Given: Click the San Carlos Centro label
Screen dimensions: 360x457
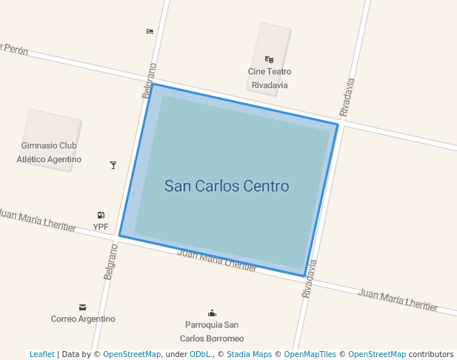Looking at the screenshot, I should point(227,186).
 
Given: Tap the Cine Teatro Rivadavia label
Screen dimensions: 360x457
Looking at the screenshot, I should point(270,79).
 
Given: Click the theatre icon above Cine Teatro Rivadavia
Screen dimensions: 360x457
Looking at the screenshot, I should point(269,59).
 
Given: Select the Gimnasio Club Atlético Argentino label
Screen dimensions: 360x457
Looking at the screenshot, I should point(49,153).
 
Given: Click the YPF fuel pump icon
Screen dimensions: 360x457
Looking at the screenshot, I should point(101,215).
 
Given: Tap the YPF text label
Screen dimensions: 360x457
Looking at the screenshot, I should point(101,227).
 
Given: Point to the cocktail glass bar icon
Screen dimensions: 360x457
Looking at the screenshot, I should point(113,164).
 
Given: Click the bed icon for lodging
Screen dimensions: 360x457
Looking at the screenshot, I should point(150,31).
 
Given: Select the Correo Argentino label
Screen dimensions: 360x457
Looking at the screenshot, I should point(83,319).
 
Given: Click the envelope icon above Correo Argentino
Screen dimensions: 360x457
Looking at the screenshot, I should point(82,307).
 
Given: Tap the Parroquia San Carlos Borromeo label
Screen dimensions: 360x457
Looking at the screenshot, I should point(212,331).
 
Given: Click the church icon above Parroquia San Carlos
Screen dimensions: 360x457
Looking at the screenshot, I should point(213,313).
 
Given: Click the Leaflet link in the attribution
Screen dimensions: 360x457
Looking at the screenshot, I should point(41,354).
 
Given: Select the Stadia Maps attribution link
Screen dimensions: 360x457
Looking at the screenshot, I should point(249,354).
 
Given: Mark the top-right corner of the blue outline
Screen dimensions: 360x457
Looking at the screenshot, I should point(338,124).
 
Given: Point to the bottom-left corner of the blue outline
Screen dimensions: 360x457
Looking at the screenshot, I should point(119,236).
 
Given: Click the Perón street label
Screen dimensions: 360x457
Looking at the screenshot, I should point(15,50).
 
